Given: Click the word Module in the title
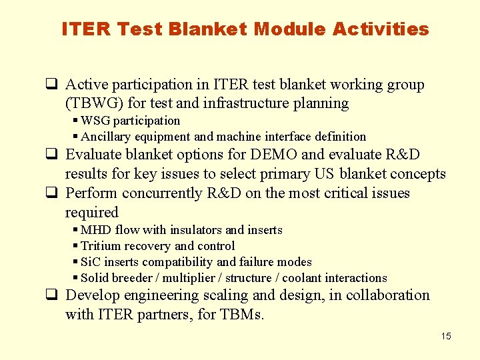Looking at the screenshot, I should tap(290, 29).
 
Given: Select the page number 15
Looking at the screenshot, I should tap(445, 336).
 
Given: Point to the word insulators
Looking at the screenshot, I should tap(197, 230).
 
